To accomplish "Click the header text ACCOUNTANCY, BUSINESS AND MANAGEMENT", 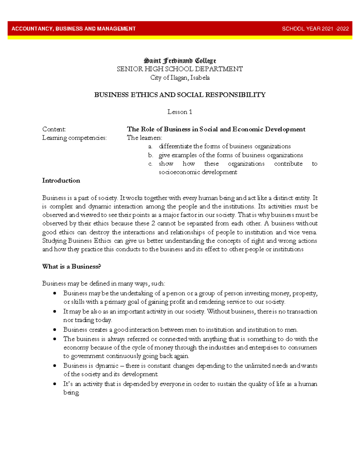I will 73,29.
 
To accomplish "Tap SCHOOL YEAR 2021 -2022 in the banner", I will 315,29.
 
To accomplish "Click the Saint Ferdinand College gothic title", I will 180,61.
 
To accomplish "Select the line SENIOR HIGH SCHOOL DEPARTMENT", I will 180,69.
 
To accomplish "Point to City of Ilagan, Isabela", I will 180,78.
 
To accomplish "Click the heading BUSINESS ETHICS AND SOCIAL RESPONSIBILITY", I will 180,95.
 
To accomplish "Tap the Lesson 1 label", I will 180,112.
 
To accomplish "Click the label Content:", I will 54,129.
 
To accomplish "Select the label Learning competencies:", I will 74,138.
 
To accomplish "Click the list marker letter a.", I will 150,146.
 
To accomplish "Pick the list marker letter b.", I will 150,155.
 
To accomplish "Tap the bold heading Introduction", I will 61,181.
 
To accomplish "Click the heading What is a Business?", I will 71,266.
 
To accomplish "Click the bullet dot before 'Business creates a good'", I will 55,329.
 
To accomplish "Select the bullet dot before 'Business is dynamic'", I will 55,365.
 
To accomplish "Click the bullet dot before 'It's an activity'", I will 55,384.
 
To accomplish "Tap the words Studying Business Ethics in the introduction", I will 77,241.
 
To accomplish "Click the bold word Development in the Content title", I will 285,129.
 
